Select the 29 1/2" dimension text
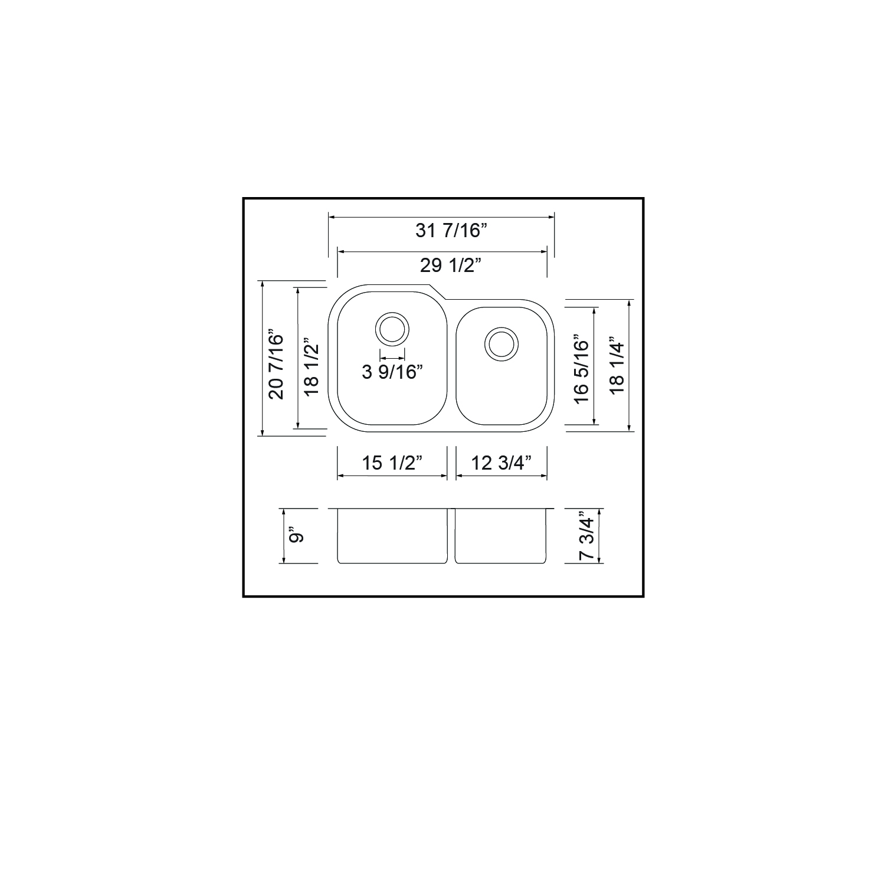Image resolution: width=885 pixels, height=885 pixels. pyautogui.click(x=448, y=265)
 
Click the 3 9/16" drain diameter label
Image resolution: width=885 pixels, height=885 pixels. pyautogui.click(x=392, y=372)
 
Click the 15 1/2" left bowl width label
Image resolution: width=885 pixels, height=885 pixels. pyautogui.click(x=392, y=463)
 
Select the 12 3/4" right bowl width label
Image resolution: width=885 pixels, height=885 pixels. pyautogui.click(x=501, y=463)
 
